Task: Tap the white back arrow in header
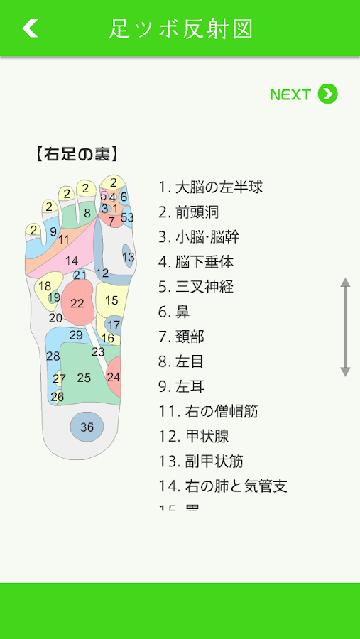[x=30, y=28]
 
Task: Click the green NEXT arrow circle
[x=328, y=94]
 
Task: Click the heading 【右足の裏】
[x=77, y=155]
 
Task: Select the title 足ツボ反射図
[x=181, y=28]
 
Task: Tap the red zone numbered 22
[x=78, y=302]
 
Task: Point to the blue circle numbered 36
[x=87, y=427]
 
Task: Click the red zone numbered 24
[x=114, y=376]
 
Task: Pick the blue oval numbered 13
[x=128, y=256]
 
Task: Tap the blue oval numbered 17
[x=114, y=325]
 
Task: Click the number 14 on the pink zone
[x=71, y=261]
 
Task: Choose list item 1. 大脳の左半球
[x=210, y=187]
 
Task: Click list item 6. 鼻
[x=174, y=312]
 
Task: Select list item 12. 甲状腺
[x=194, y=437]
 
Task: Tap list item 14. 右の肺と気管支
[x=223, y=486]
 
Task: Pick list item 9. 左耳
[x=182, y=387]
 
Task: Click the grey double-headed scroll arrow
[x=345, y=327]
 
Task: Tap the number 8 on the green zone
[x=87, y=213]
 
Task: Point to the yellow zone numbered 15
[x=111, y=300]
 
